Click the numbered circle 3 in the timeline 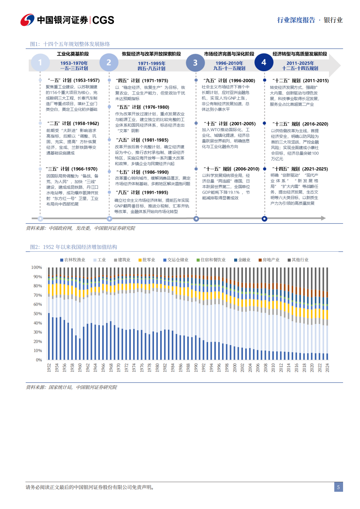195,63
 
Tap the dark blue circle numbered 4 264,62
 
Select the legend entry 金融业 242,260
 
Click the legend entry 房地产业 269,260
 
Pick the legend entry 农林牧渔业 73,260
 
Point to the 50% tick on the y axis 37,314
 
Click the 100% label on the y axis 36,267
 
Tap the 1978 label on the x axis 149,368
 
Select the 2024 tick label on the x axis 327,368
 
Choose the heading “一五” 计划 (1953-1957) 74,80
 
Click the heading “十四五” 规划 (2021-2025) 300,169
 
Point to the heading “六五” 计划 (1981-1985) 142,140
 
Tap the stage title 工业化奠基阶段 73,54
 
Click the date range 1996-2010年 229,63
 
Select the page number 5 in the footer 338,487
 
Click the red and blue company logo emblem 27,20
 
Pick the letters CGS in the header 103,20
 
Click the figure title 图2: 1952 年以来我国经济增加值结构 74,247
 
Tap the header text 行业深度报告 296,20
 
